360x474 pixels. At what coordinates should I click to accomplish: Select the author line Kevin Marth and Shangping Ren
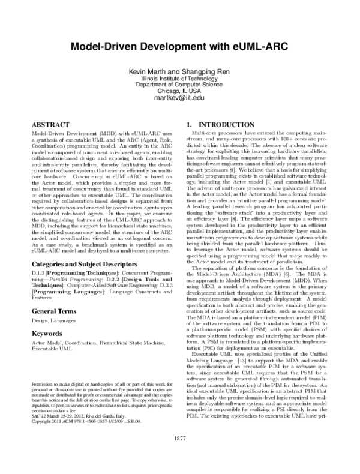coord(180,71)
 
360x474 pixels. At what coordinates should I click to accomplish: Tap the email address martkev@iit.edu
coord(180,98)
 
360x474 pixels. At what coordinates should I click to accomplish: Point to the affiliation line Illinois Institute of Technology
coord(180,78)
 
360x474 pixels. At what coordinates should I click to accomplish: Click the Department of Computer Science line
coord(180,85)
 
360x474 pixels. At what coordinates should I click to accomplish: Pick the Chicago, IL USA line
coord(180,91)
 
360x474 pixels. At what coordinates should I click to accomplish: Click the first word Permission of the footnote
coord(41,382)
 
